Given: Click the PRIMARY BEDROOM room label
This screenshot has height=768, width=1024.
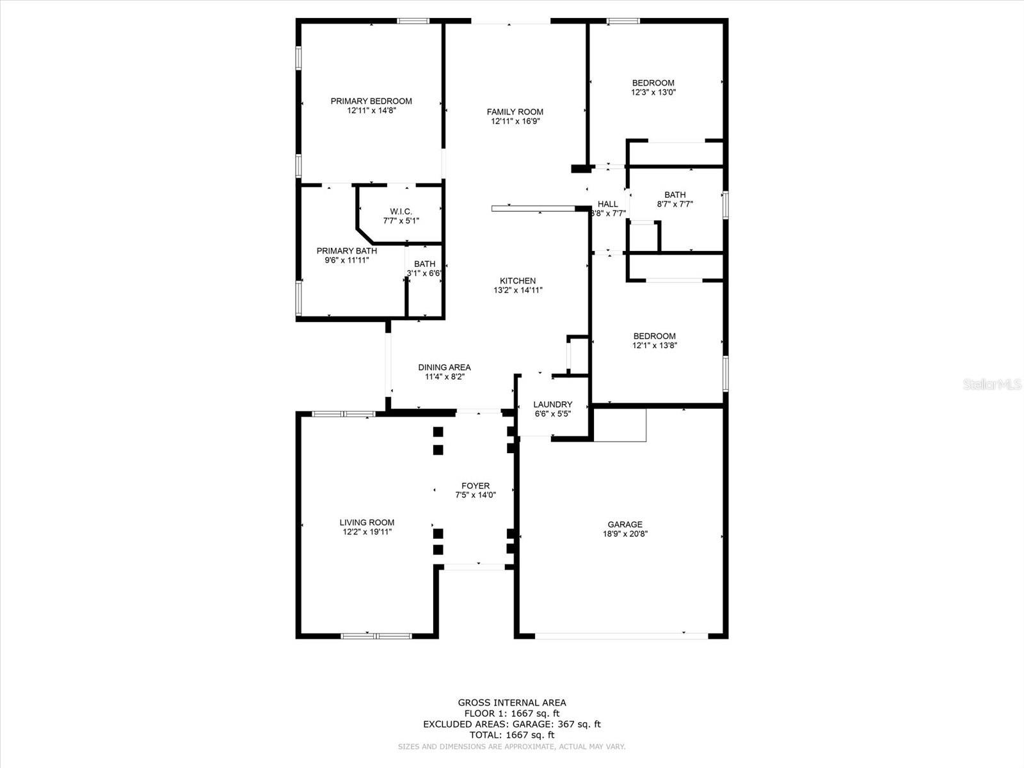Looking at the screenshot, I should [x=371, y=101].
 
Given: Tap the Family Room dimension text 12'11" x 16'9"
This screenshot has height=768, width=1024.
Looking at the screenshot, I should [x=515, y=121].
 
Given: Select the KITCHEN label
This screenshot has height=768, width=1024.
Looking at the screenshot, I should [x=518, y=280].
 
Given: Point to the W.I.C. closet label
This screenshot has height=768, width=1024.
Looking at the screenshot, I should [x=401, y=212].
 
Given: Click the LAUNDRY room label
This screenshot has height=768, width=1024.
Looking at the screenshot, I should [x=552, y=404].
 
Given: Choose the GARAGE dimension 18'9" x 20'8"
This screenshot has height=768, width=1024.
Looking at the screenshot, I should [x=625, y=534].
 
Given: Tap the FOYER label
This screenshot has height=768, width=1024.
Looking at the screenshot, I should [x=475, y=486].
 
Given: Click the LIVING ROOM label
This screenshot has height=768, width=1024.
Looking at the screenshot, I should [x=367, y=522].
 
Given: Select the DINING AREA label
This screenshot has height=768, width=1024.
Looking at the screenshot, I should [x=444, y=367].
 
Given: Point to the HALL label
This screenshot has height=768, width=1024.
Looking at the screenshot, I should [x=607, y=204].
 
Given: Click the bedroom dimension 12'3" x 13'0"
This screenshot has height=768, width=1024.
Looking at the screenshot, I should [x=653, y=92].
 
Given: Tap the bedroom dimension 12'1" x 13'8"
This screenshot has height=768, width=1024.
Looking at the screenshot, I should [x=654, y=346].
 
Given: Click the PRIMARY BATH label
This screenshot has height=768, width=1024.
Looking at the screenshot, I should [x=346, y=251].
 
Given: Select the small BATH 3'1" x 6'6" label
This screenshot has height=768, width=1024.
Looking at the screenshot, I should [x=424, y=264].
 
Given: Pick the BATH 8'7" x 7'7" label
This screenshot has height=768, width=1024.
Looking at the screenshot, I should [x=675, y=195].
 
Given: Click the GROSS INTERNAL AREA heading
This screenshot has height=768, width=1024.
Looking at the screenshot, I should [x=511, y=703].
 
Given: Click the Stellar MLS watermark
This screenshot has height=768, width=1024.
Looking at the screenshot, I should [x=992, y=385].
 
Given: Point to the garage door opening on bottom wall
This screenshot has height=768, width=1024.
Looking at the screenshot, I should [x=621, y=636].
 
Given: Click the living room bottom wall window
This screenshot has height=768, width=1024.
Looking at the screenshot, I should [x=376, y=636].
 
